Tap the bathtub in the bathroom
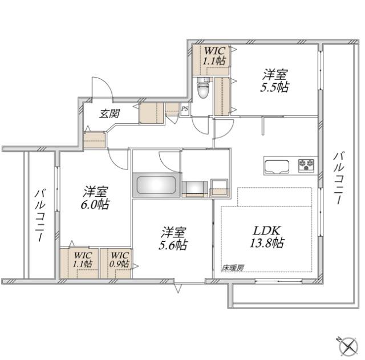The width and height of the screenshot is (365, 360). tap(156, 185)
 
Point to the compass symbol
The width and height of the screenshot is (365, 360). tap(346, 344)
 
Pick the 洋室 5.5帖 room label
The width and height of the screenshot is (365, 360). tap(275, 80)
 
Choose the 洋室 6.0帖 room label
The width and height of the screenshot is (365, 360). tap(95, 198)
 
